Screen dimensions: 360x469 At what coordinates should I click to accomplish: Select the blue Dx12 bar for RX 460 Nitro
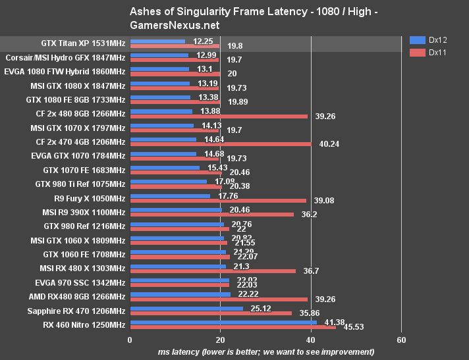pos(223,322)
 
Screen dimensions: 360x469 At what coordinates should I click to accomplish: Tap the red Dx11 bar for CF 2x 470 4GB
pos(221,143)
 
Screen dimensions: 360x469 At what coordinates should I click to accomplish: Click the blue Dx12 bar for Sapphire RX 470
pos(186,307)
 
